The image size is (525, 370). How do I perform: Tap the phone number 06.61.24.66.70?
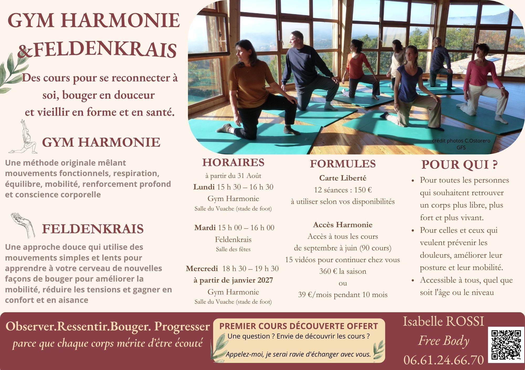point(444,360)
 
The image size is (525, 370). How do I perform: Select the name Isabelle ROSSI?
point(443,321)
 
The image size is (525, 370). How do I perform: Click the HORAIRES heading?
point(233,162)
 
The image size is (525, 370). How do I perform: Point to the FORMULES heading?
point(343,163)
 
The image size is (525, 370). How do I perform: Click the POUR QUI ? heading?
point(460,165)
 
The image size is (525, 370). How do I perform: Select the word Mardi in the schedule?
point(205,228)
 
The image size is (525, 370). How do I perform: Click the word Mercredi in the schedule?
point(202,268)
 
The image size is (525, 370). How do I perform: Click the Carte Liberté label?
point(343,178)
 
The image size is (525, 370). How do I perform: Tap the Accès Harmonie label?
point(343,225)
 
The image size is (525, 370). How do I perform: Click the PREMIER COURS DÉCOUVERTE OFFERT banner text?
point(298,326)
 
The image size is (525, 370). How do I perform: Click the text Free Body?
point(444,341)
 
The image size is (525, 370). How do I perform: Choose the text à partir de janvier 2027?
point(233,280)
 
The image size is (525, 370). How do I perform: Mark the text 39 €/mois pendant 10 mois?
point(343,295)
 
